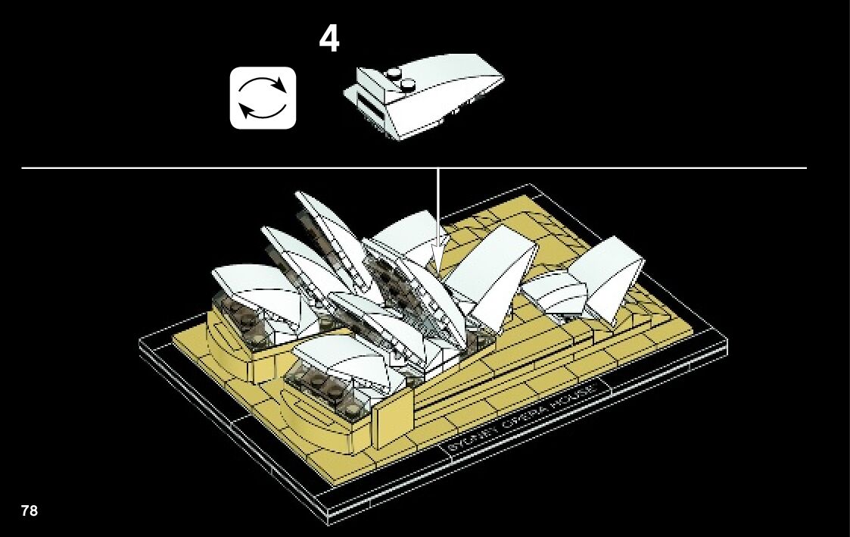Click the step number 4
click(329, 39)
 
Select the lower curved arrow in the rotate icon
click(261, 112)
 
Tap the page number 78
click(30, 510)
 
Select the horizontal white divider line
click(414, 167)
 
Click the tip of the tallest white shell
click(300, 195)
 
